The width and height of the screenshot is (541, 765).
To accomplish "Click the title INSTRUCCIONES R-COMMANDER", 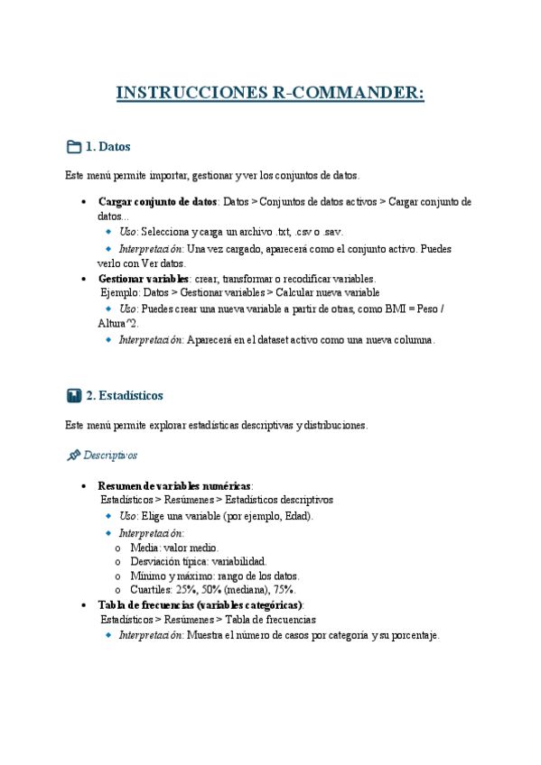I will [x=270, y=93].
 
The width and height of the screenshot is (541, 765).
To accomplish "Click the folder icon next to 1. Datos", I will [x=74, y=146].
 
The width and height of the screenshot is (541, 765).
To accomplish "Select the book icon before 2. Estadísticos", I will [x=74, y=395].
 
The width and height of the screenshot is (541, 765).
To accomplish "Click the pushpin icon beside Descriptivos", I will [x=74, y=456].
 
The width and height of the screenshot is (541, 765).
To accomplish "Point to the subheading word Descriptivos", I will [x=117, y=456].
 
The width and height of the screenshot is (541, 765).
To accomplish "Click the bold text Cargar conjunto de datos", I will [x=157, y=202].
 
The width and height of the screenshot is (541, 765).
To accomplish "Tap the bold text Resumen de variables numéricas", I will [x=174, y=485].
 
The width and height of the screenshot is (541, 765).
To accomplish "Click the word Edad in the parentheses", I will [x=296, y=516].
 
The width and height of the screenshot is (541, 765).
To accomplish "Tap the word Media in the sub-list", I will [x=145, y=547].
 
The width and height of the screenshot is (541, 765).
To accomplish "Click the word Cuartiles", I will [x=154, y=590].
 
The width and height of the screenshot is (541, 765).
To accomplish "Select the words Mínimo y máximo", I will [x=170, y=576].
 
